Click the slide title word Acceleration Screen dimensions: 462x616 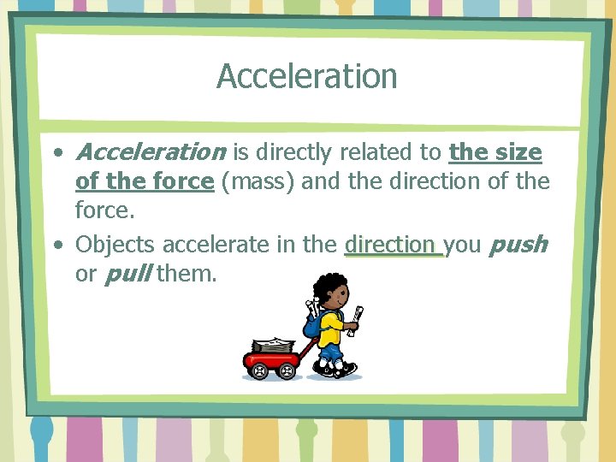(x=306, y=76)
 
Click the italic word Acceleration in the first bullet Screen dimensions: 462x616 (x=150, y=152)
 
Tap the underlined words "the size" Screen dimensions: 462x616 (x=495, y=152)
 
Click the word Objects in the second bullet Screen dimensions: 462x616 (x=115, y=245)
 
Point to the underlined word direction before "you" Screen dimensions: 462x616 (x=389, y=245)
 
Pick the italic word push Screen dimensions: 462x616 (x=518, y=245)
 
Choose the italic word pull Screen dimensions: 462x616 (x=127, y=275)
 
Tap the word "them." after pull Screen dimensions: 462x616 (x=187, y=275)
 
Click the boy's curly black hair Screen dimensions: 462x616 (x=329, y=285)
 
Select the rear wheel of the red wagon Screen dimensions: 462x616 (x=258, y=370)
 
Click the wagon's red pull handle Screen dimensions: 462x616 (x=307, y=348)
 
